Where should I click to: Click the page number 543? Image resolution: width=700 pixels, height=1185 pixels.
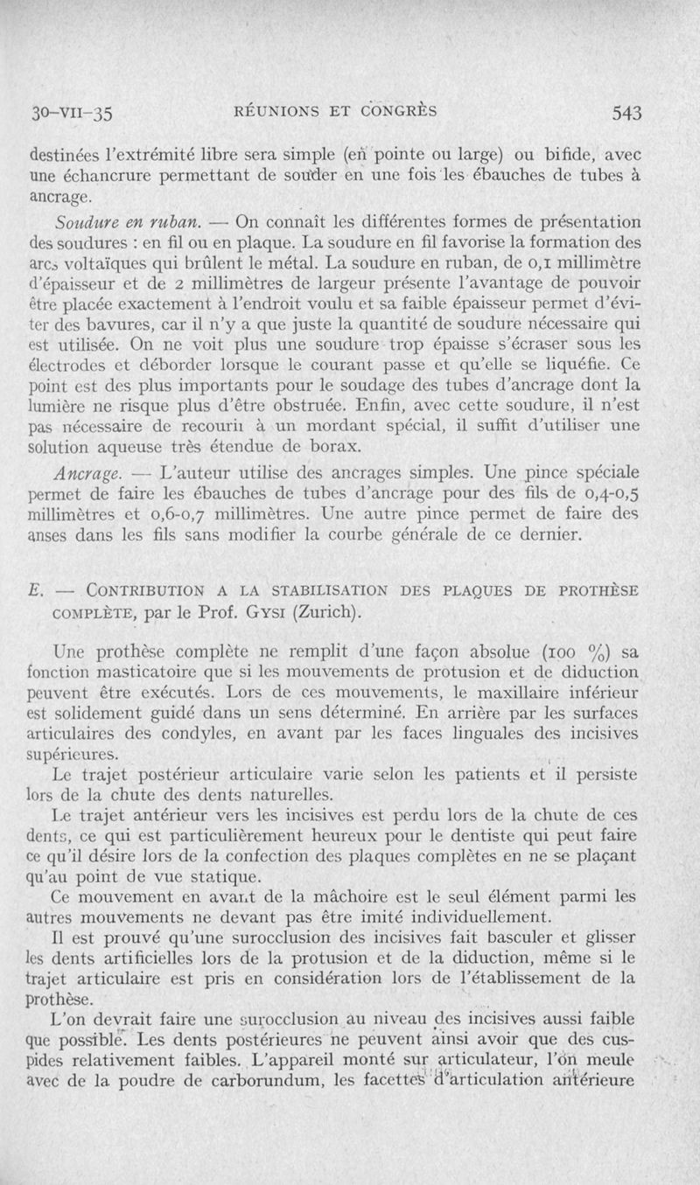click(x=627, y=112)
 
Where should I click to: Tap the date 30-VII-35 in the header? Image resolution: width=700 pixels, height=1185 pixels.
click(x=74, y=113)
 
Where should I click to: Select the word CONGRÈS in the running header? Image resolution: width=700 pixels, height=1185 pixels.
click(x=401, y=111)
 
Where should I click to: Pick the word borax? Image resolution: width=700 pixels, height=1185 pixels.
click(x=336, y=449)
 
